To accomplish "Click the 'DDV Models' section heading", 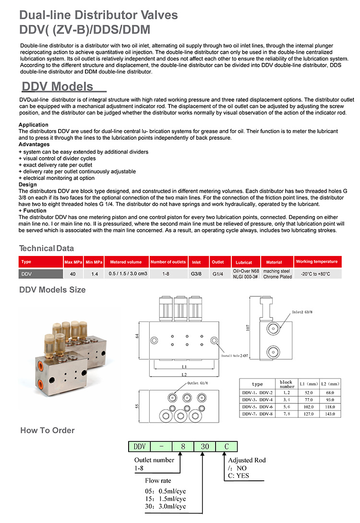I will (x=58, y=86).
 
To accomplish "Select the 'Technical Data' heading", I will (x=46, y=248).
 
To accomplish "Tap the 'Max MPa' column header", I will (x=73, y=262).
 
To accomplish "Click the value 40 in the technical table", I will (x=73, y=274).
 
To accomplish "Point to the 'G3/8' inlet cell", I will (x=196, y=274).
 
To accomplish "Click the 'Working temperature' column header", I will (x=317, y=262).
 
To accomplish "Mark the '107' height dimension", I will (x=248, y=326).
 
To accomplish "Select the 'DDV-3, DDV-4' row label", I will (x=257, y=399).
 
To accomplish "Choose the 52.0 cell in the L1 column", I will (x=309, y=391).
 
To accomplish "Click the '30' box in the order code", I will (x=205, y=446).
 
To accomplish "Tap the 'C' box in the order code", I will (x=227, y=446).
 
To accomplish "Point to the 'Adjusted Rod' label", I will (x=247, y=460).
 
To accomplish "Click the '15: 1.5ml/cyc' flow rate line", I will (x=165, y=499).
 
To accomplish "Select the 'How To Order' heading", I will (x=48, y=430).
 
